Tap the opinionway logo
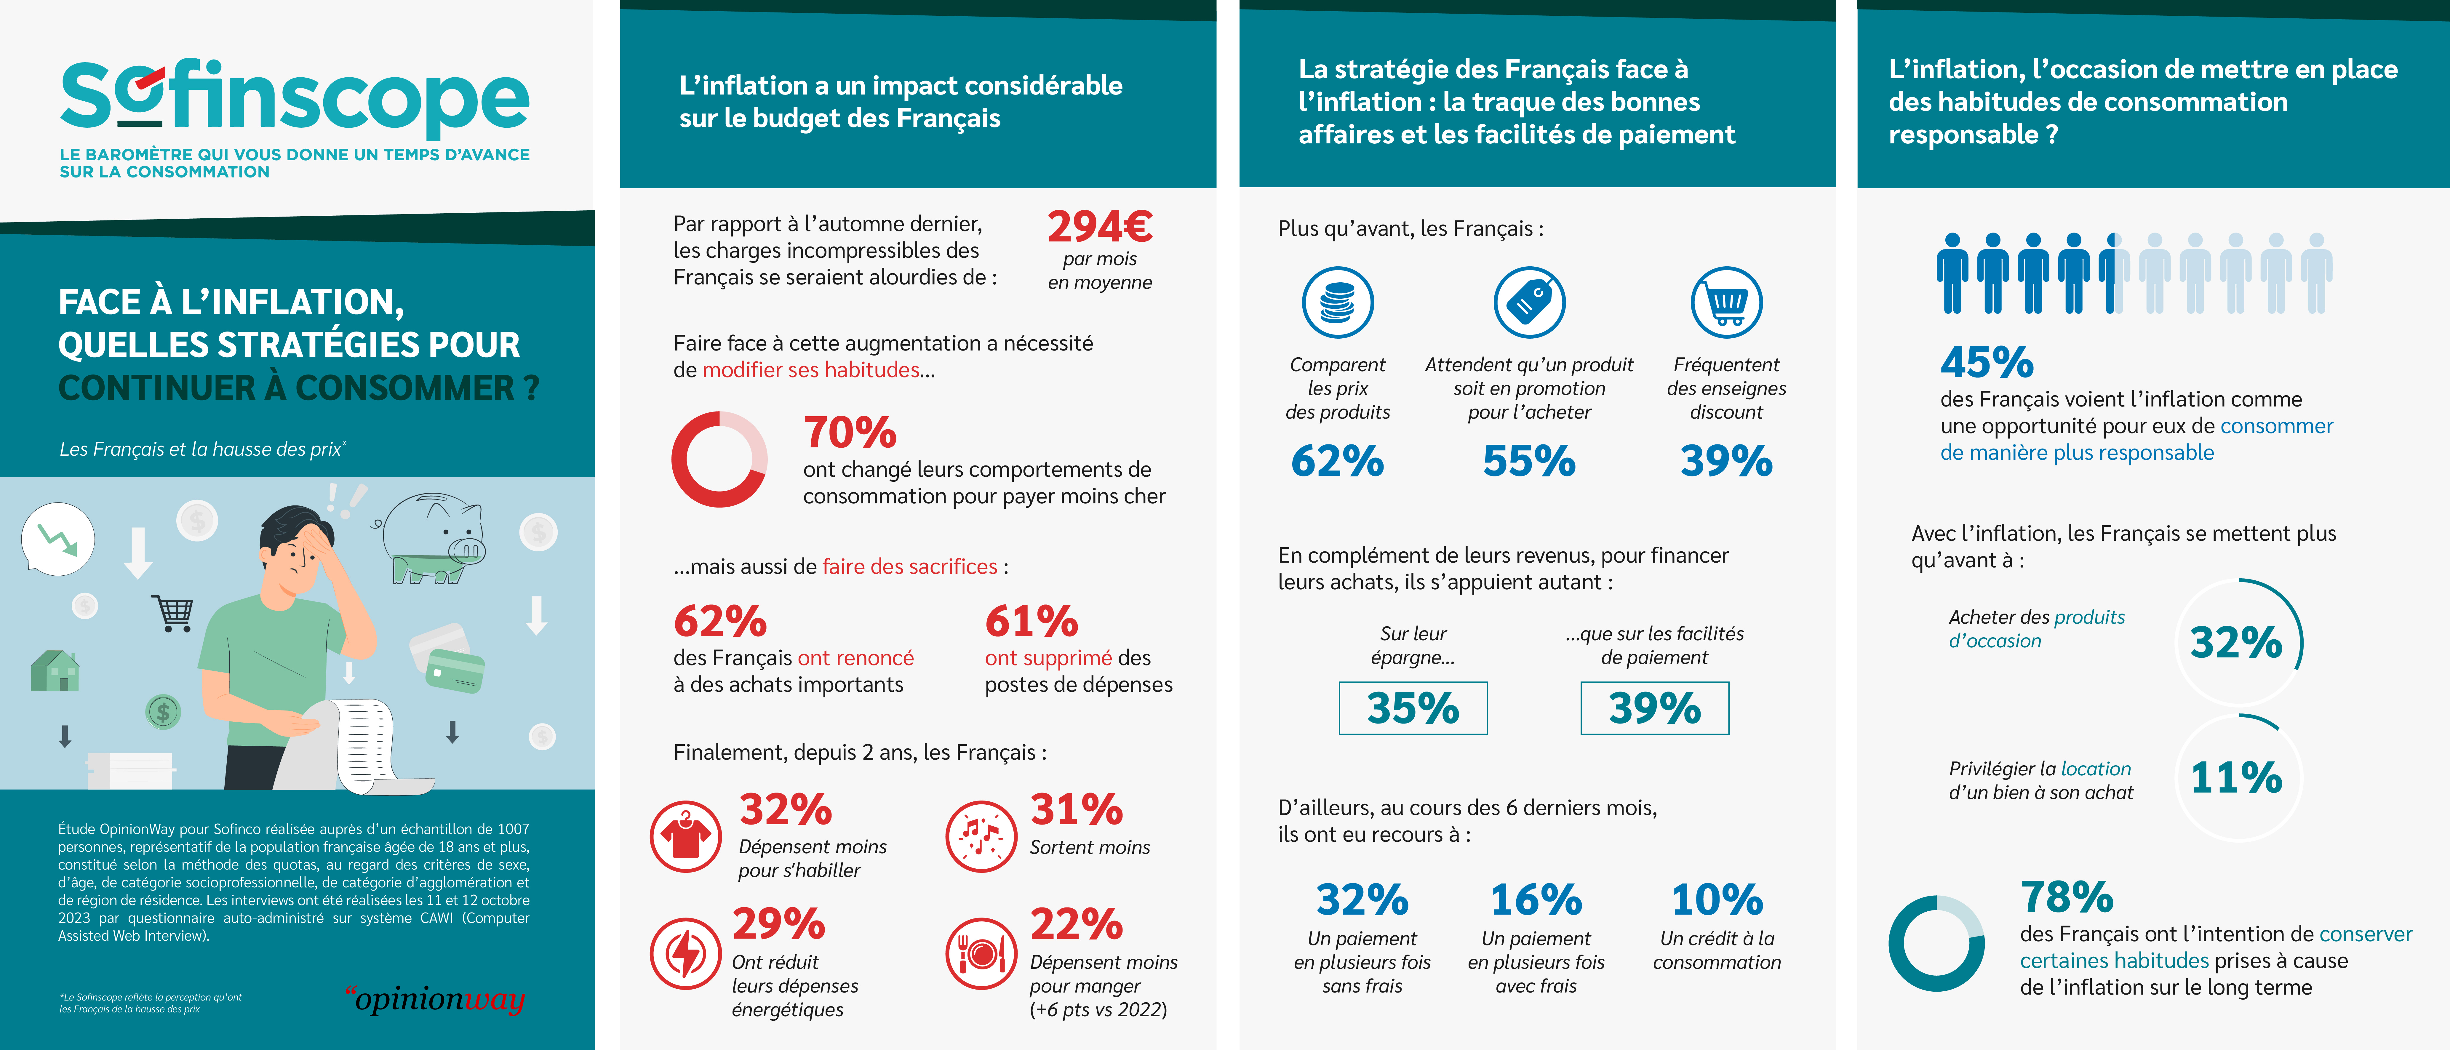tap(436, 999)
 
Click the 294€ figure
tap(1099, 226)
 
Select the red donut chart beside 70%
tap(719, 459)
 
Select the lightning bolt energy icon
tap(686, 953)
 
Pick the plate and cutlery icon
tap(981, 953)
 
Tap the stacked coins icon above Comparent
tap(1337, 302)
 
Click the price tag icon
tap(1529, 302)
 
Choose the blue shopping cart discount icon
tap(1726, 302)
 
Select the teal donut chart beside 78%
tap(1936, 943)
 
